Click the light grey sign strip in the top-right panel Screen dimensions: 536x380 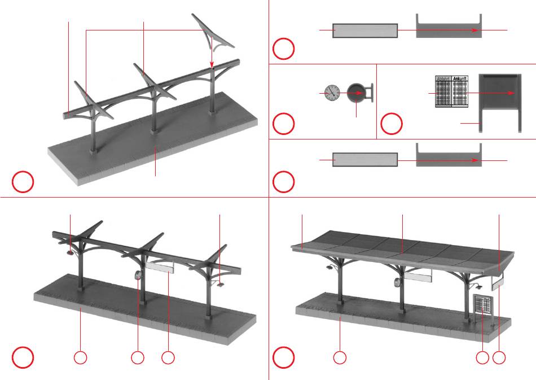(x=365, y=30)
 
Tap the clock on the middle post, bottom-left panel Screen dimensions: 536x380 (x=138, y=276)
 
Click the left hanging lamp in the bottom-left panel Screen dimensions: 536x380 (x=69, y=254)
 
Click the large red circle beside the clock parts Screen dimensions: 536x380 (x=284, y=124)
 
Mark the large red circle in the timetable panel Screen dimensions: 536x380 (x=391, y=124)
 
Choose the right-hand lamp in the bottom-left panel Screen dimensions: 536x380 (x=219, y=283)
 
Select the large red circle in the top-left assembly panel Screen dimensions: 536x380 (x=23, y=182)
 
